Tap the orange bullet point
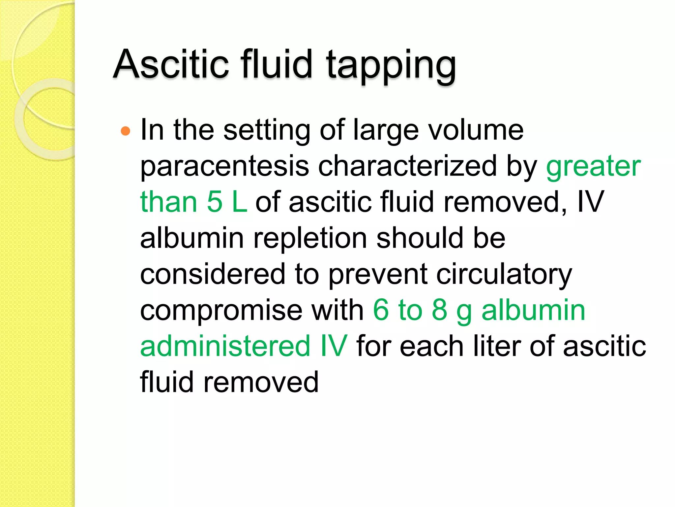[x=126, y=131]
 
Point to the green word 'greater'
[x=593, y=166]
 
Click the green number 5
[x=215, y=202]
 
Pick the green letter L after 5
[x=239, y=202]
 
